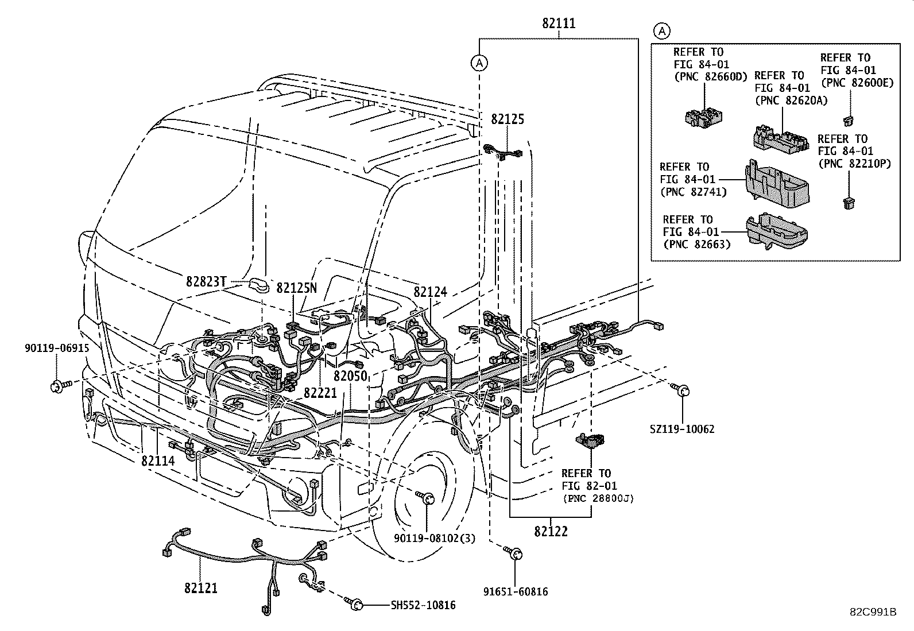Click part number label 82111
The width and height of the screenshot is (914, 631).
(x=559, y=24)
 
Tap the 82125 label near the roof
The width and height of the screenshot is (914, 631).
(x=508, y=119)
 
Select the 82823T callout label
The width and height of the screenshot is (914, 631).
(x=206, y=281)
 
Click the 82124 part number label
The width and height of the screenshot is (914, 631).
(x=430, y=292)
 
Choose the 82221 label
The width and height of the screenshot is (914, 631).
(x=320, y=393)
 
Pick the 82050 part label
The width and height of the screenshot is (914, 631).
(x=350, y=376)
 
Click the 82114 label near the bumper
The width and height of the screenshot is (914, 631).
(x=158, y=460)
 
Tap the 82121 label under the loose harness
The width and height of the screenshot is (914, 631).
(x=201, y=588)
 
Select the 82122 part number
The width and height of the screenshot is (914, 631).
(x=551, y=532)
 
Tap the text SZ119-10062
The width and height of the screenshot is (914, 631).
(x=682, y=429)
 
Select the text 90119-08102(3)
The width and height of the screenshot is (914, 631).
(x=435, y=538)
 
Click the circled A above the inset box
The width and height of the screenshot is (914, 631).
(x=662, y=30)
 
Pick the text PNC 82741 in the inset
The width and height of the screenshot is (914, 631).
(x=694, y=192)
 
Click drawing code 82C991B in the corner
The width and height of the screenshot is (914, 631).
(x=873, y=612)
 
